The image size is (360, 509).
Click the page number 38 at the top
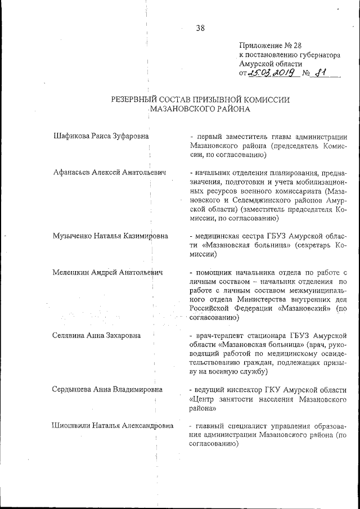click(x=200, y=29)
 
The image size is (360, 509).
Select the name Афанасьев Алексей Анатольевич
click(x=109, y=172)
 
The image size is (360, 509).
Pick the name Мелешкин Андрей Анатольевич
click(x=107, y=272)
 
